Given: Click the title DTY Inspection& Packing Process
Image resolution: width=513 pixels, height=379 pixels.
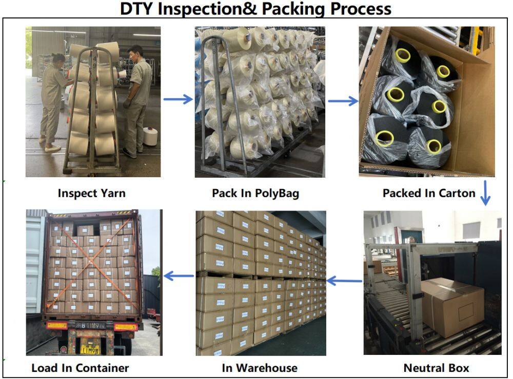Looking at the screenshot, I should click(x=255, y=9).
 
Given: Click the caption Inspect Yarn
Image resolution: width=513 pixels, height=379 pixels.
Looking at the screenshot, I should click(x=91, y=194).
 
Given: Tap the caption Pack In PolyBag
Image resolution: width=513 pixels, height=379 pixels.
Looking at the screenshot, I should click(x=255, y=194).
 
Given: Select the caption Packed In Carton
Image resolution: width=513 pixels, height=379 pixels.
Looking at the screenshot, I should click(x=429, y=194).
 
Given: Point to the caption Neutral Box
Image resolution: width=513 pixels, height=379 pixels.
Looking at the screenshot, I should click(x=436, y=368).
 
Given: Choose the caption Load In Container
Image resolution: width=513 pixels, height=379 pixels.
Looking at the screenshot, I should click(x=80, y=368).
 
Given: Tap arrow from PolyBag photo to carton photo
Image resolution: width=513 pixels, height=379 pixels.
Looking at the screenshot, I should click(x=343, y=101).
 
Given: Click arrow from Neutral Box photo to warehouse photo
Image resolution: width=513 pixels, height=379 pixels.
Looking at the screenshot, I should click(x=344, y=280).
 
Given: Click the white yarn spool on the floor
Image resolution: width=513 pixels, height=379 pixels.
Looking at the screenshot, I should click(x=150, y=136).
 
